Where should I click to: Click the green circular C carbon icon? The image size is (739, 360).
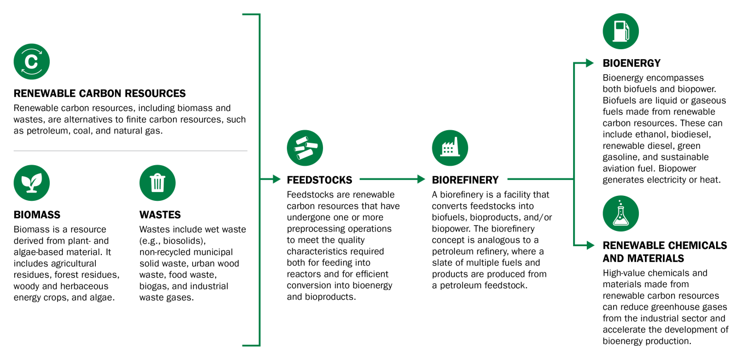click(32, 62)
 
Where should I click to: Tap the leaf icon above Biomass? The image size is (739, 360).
click(32, 183)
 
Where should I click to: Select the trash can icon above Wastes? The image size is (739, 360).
click(158, 183)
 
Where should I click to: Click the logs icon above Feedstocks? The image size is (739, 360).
click(305, 148)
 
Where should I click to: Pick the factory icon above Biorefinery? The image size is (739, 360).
click(450, 148)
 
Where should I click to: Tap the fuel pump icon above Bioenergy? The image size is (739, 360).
click(621, 31)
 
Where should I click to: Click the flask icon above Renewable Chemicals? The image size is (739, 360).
click(621, 213)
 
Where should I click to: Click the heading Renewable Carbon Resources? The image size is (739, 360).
click(100, 94)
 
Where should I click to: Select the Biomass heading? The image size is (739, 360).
click(37, 215)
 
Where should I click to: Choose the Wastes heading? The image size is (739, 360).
click(160, 215)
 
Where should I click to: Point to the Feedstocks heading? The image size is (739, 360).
click(320, 180)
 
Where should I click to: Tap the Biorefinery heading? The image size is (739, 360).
click(465, 180)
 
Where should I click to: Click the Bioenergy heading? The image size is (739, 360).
click(632, 63)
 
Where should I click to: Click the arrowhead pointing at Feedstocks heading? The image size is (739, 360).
click(276, 179)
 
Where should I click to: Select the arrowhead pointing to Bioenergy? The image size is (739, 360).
click(590, 63)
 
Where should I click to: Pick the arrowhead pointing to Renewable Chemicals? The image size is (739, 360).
click(590, 245)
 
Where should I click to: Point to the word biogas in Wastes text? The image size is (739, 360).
click(156, 286)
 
